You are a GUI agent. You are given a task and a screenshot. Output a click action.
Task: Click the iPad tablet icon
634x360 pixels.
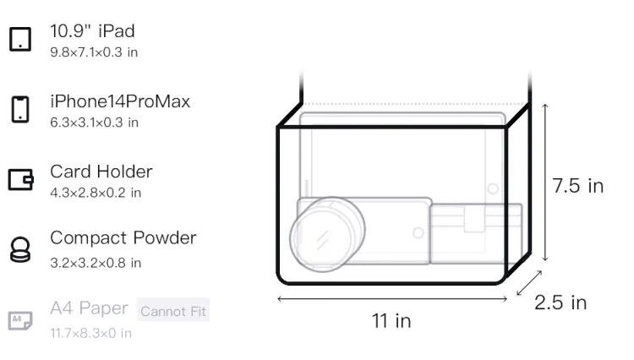click(x=20, y=39)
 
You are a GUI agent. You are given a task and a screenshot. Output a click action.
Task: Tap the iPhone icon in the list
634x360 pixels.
click(x=20, y=109)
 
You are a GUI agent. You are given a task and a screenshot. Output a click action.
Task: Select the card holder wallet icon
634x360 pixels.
click(x=20, y=179)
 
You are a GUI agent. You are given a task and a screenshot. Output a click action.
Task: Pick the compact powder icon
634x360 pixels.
click(x=20, y=249)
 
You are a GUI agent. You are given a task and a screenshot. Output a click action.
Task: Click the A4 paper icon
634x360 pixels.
click(x=20, y=320)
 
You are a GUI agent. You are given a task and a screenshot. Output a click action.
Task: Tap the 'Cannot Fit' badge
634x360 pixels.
click(x=173, y=311)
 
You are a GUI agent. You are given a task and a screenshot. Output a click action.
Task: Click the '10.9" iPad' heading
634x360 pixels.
click(x=92, y=31)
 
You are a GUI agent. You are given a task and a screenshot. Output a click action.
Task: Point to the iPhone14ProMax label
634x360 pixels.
click(x=120, y=101)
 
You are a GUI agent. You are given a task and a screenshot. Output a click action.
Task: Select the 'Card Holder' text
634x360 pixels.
click(x=101, y=172)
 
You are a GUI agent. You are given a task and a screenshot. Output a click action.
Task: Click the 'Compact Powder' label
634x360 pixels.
click(x=123, y=238)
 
